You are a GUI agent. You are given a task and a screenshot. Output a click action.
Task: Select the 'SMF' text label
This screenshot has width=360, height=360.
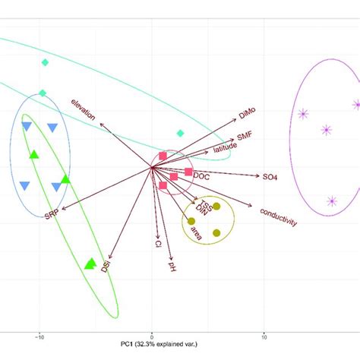245,136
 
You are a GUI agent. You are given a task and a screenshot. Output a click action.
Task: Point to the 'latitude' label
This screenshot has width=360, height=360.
225,148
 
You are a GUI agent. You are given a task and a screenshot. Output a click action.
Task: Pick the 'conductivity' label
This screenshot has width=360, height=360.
278,216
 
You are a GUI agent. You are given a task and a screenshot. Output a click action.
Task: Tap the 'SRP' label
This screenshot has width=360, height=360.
51,215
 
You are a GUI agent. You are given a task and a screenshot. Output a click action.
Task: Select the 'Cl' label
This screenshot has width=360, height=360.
157,245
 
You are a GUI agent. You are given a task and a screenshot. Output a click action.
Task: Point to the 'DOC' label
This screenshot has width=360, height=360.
201,175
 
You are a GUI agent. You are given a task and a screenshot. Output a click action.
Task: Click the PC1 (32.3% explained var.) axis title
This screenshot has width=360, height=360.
158,346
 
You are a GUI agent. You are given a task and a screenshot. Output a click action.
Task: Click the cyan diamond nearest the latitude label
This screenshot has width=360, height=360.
180,133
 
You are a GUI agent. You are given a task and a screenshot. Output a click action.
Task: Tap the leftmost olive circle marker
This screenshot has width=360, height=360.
191,221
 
